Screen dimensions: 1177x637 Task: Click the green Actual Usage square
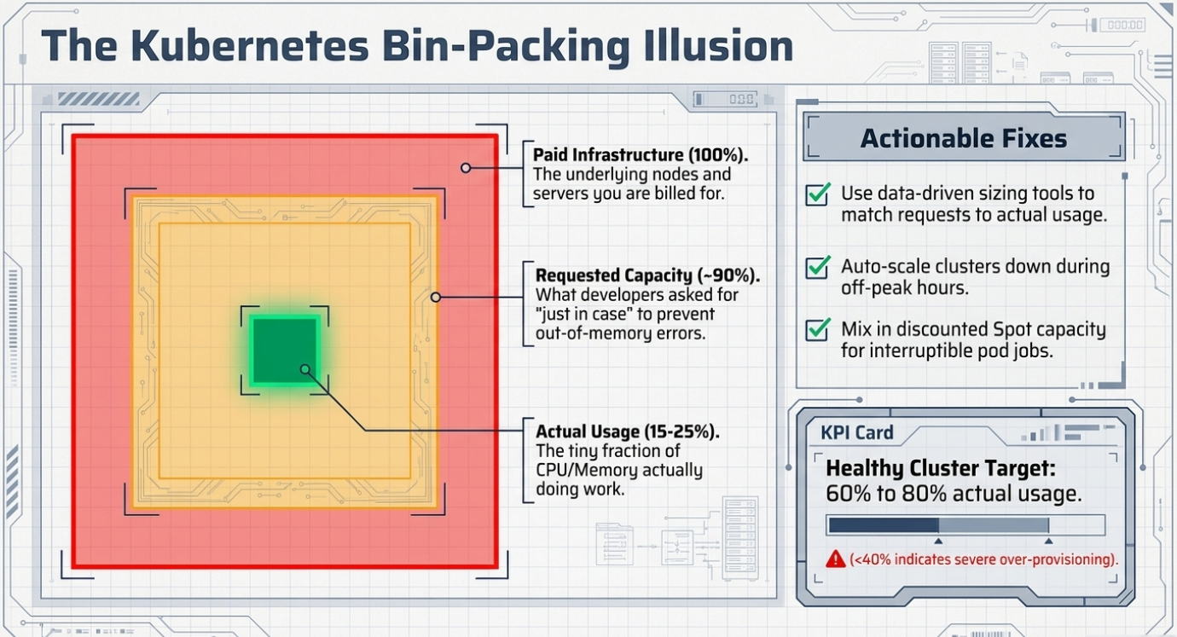pos(285,350)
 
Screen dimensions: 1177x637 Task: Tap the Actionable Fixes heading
pos(964,139)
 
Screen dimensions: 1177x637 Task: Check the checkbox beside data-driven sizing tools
pos(818,194)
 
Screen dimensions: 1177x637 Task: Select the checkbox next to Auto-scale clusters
pos(818,267)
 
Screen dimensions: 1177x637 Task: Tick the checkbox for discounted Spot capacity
pos(818,330)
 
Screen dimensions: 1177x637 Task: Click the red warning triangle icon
pos(836,559)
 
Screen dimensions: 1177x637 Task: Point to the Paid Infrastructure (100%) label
pos(641,155)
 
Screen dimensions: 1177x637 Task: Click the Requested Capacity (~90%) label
pos(647,275)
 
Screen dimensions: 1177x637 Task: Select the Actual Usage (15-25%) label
pos(628,431)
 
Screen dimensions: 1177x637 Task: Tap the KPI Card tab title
pos(857,432)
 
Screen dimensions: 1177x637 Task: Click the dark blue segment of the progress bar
pos(884,524)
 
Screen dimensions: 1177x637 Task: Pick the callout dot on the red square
pos(466,168)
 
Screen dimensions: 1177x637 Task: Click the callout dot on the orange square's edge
pos(436,298)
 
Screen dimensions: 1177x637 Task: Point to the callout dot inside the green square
pos(305,369)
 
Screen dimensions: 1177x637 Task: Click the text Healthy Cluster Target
pos(941,468)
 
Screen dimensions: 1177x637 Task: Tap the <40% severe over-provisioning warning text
pos(983,559)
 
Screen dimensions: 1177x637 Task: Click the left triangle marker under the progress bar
pos(938,541)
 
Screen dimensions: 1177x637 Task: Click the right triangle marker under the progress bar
pos(1049,541)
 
